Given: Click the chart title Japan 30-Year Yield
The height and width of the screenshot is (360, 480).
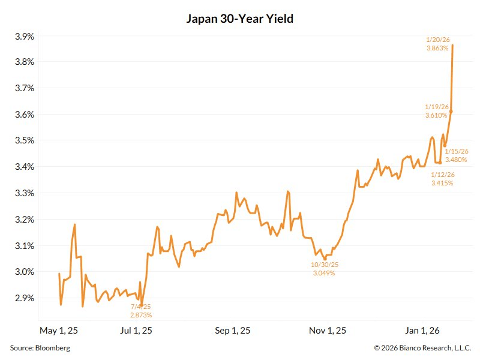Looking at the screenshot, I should tap(241, 19).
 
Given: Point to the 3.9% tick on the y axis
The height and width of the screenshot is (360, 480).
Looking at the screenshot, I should tap(24, 37).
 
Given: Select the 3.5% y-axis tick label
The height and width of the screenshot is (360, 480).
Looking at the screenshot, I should tap(24, 141).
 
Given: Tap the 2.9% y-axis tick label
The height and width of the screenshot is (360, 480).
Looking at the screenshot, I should tap(24, 298).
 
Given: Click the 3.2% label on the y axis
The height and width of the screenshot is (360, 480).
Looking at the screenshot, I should tap(24, 220).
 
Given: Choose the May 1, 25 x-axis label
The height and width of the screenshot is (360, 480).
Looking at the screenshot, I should tap(59, 331).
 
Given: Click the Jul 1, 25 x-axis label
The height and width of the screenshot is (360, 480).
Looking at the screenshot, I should tap(136, 331).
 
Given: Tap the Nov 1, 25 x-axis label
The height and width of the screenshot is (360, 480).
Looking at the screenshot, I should tap(328, 331).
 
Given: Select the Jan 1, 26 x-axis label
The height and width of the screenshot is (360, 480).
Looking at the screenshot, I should tap(422, 331).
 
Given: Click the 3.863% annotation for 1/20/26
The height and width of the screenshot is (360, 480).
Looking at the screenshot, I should tap(437, 48).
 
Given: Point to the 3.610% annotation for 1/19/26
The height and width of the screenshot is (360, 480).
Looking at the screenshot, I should tap(437, 115).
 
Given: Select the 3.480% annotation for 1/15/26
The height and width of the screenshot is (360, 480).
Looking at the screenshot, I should tap(457, 160).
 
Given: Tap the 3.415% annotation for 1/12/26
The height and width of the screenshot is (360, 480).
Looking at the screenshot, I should tap(443, 182).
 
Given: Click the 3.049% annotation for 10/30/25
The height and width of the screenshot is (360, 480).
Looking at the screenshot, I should tap(324, 273).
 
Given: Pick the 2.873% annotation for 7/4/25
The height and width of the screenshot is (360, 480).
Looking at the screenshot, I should tap(141, 314).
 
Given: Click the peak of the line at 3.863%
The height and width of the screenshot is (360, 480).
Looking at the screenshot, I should tap(452, 45).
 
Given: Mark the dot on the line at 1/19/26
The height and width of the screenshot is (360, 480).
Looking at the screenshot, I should tap(451, 112).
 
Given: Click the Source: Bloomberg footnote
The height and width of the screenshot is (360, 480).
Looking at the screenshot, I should tap(40, 347).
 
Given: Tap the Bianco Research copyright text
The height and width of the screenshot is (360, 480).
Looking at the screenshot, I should tap(422, 347).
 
